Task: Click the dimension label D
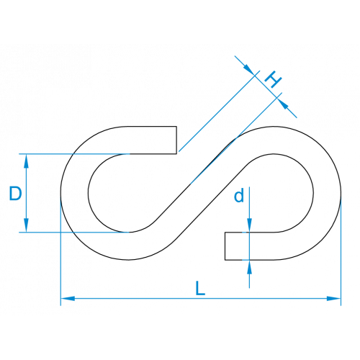click(15, 194)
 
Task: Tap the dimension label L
click(200, 288)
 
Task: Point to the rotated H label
click(273, 79)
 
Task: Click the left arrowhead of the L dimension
click(68, 299)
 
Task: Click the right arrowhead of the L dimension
click(334, 299)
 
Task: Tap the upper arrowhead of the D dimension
click(26, 161)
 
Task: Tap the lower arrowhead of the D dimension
click(26, 225)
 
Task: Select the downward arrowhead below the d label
click(249, 225)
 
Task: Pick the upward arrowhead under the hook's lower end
click(249, 267)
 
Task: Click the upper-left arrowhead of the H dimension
click(249, 70)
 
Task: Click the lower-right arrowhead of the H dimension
click(282, 104)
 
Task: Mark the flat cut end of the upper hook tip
click(176, 140)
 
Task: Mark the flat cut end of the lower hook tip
click(225, 246)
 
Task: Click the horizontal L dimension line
click(201, 299)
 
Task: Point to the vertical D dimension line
click(26, 193)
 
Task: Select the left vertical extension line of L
click(60, 252)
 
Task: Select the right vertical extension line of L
click(341, 252)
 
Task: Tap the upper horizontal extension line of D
click(74, 154)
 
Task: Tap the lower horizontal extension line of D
click(74, 232)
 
